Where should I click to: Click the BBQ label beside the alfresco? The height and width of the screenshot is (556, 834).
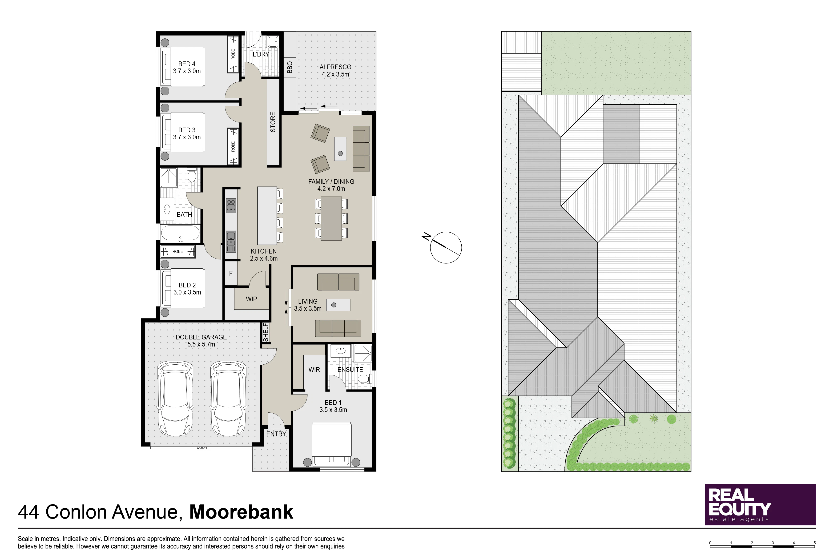point(290,67)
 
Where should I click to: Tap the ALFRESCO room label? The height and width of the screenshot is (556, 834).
point(335,67)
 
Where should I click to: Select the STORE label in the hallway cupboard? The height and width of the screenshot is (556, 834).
point(273,122)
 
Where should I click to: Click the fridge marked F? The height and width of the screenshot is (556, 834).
point(231,273)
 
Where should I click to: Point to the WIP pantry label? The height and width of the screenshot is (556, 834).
point(251,299)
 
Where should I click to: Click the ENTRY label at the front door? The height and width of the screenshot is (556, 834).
point(276,434)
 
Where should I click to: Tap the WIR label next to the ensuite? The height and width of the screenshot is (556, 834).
point(314,370)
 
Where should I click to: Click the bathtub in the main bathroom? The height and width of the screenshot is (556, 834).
point(180,234)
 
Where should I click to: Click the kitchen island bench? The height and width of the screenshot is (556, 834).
point(267,216)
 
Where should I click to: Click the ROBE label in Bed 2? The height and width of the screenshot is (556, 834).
point(178,251)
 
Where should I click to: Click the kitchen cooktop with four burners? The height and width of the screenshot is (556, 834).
point(231,206)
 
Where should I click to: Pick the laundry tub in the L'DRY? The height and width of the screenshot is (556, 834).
point(273,42)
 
